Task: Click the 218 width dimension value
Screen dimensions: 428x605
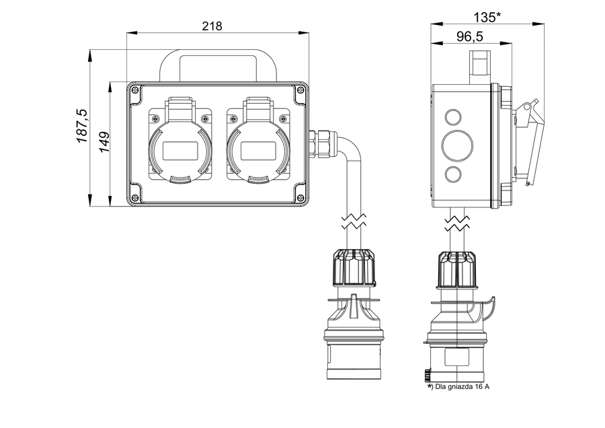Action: pos(212,26)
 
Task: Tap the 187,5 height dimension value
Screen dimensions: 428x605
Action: pos(82,125)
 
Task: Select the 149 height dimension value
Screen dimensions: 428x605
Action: pos(105,143)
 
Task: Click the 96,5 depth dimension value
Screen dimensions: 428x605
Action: pos(472,36)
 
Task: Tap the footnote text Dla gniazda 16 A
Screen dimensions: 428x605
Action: pos(458,387)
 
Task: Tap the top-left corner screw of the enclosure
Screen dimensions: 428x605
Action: pos(134,90)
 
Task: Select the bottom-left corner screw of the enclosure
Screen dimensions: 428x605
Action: pos(134,197)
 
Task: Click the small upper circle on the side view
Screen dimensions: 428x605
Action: pos(452,118)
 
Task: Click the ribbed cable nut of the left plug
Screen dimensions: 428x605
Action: pos(352,267)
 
